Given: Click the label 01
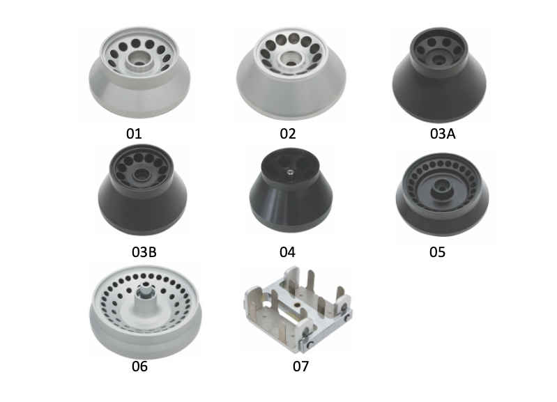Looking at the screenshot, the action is pyautogui.click(x=134, y=134).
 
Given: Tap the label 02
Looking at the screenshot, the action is pyautogui.click(x=288, y=134).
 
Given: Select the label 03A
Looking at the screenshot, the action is pyautogui.click(x=443, y=134).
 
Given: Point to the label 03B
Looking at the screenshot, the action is pyautogui.click(x=144, y=252).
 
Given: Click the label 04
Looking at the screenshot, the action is pyautogui.click(x=287, y=252).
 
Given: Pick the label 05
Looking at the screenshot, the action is pyautogui.click(x=437, y=252).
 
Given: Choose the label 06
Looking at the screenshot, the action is pyautogui.click(x=139, y=366).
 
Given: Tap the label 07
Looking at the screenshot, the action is pyautogui.click(x=301, y=366).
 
